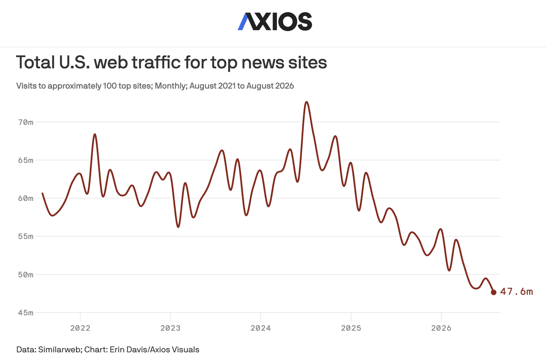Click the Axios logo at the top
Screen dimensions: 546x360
(275, 22)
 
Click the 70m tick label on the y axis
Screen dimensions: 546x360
(25, 122)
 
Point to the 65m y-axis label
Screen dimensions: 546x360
(25, 160)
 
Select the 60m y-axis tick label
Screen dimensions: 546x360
(25, 198)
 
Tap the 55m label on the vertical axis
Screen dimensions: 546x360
(25, 237)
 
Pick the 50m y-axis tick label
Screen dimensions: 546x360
(25, 275)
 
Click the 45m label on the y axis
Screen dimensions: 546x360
(25, 313)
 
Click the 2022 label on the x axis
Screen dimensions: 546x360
(80, 328)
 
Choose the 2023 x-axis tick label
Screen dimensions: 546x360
(170, 328)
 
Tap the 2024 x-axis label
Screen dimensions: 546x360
(260, 328)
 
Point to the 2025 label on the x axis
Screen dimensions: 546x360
(351, 328)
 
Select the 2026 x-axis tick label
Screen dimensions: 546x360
(441, 328)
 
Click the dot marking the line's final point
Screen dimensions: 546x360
(494, 292)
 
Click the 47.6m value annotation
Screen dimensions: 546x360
(516, 292)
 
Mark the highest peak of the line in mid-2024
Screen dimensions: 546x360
(306, 102)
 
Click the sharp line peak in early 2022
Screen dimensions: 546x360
(95, 134)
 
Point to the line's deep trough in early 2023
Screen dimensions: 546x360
(178, 227)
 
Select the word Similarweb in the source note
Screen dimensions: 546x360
(60, 350)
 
